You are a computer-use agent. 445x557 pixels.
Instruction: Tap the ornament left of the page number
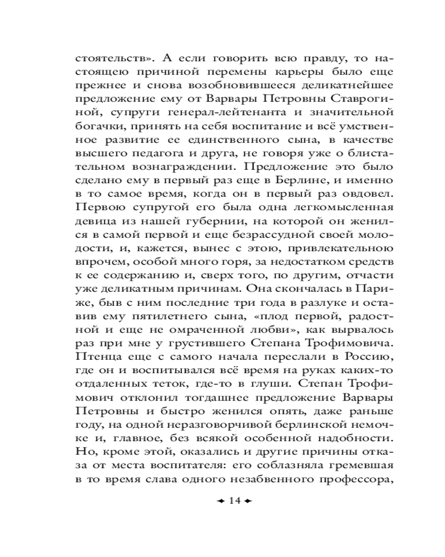pyautogui.click(x=220, y=501)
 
